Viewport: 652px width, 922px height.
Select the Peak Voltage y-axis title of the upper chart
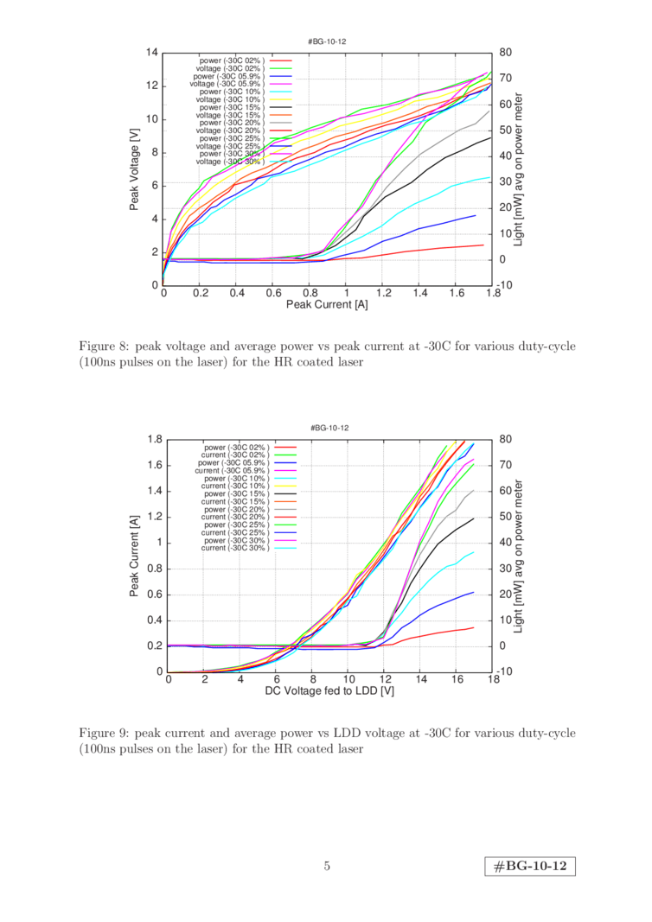[136, 170]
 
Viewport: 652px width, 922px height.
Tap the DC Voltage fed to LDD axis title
[329, 691]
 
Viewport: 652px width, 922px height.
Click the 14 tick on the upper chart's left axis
[153, 53]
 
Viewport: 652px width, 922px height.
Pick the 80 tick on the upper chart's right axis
[504, 53]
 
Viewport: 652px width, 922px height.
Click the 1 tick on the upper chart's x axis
[346, 294]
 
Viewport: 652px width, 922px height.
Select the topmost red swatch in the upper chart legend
[283, 61]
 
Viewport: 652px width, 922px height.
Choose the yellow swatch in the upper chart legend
[283, 99]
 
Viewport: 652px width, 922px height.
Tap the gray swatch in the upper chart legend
[283, 122]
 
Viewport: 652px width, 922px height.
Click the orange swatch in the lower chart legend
[285, 502]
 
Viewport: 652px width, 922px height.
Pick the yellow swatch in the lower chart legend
[285, 486]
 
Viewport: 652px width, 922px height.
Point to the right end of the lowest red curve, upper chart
[483, 245]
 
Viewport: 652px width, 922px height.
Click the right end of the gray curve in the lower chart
[473, 490]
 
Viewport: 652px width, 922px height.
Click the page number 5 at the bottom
[327, 866]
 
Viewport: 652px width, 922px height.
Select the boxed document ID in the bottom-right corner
[530, 866]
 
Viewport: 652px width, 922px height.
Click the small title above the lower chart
[329, 428]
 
